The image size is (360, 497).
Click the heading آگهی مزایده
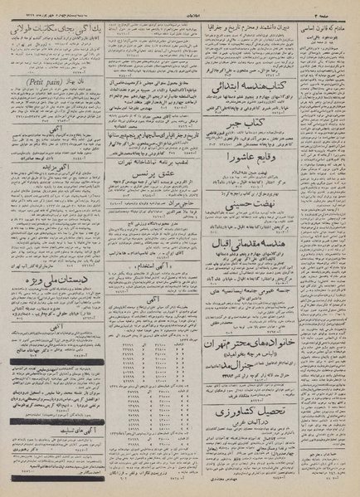coord(56,192)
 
